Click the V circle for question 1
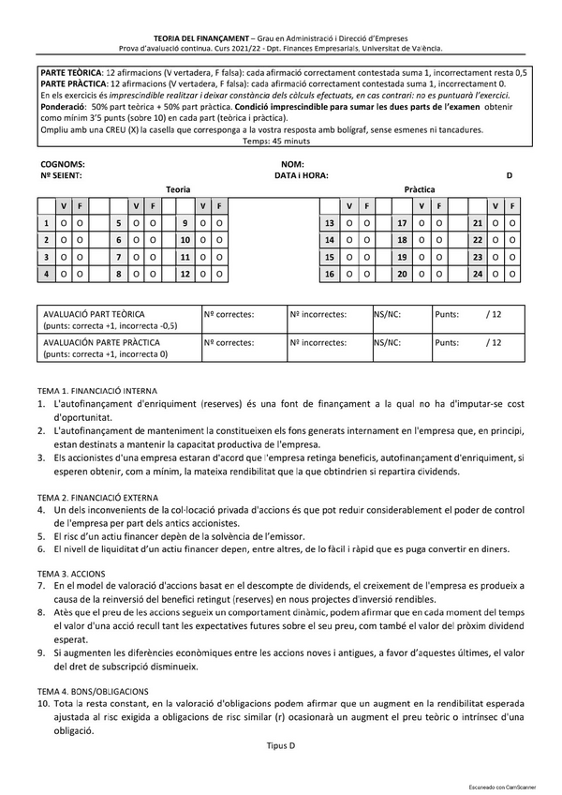pos(64,224)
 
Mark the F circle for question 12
pos(218,275)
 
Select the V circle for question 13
pos(349,224)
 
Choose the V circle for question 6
pos(135,241)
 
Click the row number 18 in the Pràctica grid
pos(402,241)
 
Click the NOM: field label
pos(291,164)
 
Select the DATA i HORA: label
pos(301,175)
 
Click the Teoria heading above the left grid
pos(178,189)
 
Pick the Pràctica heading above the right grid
pos(419,189)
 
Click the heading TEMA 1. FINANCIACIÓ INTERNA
pos(97,389)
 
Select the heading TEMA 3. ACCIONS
pos(71,572)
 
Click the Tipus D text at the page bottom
pos(280,745)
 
